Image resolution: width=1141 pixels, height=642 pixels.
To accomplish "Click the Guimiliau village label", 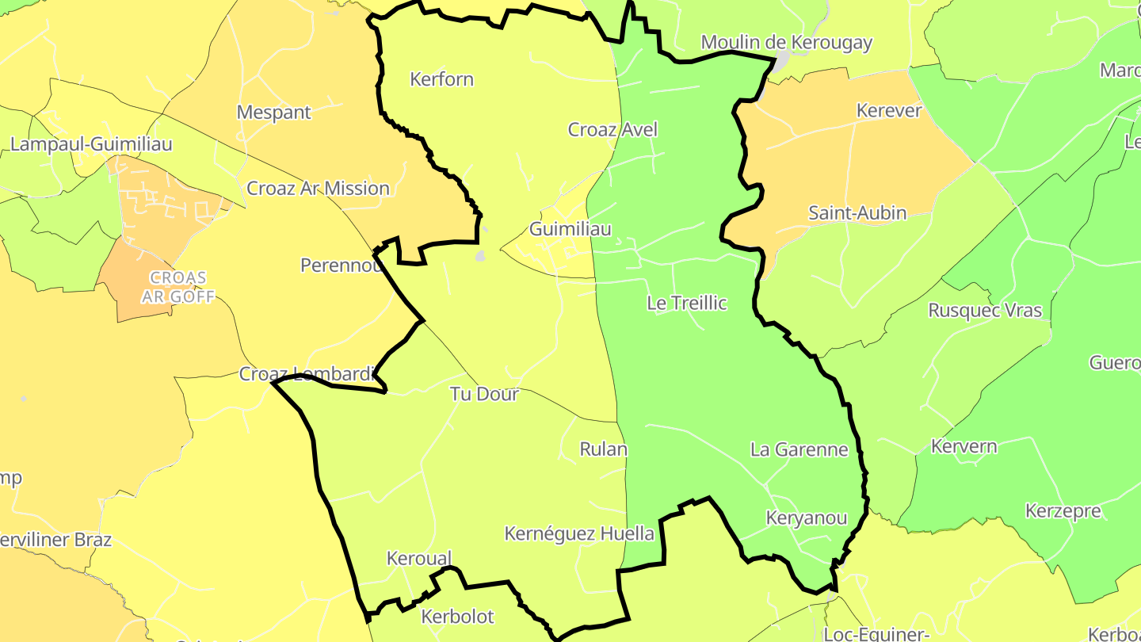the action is click(x=570, y=229).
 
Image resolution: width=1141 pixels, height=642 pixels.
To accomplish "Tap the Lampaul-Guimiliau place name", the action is click(x=91, y=144).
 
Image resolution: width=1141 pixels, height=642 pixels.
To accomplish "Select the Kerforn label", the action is click(x=441, y=79).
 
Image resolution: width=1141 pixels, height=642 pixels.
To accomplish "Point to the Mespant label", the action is click(x=274, y=113).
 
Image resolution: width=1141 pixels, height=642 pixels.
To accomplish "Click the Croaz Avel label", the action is click(x=612, y=129).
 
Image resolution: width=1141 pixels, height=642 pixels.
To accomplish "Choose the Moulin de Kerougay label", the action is click(x=787, y=43).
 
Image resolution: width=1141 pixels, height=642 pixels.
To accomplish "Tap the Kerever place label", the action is click(x=889, y=111).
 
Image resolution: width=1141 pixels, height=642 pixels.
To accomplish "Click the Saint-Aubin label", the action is click(x=857, y=212).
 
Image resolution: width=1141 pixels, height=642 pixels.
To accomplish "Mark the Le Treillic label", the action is click(x=687, y=303).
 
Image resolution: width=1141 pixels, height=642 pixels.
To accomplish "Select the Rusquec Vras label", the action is click(x=985, y=310).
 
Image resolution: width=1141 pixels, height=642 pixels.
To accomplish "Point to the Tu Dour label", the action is click(x=484, y=394).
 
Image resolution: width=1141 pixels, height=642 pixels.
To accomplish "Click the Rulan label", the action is click(x=604, y=449).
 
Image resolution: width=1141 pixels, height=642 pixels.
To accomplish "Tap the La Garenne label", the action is click(x=799, y=450).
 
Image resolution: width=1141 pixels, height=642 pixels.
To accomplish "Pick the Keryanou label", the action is click(x=807, y=518).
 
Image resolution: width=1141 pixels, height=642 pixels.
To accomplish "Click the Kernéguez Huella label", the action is click(x=580, y=533).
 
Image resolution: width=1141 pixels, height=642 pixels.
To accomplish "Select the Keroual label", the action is click(x=419, y=558).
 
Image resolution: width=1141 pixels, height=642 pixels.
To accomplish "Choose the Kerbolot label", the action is click(x=458, y=617).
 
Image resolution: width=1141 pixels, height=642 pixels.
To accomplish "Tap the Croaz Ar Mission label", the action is click(x=319, y=189).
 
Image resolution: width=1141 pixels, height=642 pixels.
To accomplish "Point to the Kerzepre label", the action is click(x=1063, y=510).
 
